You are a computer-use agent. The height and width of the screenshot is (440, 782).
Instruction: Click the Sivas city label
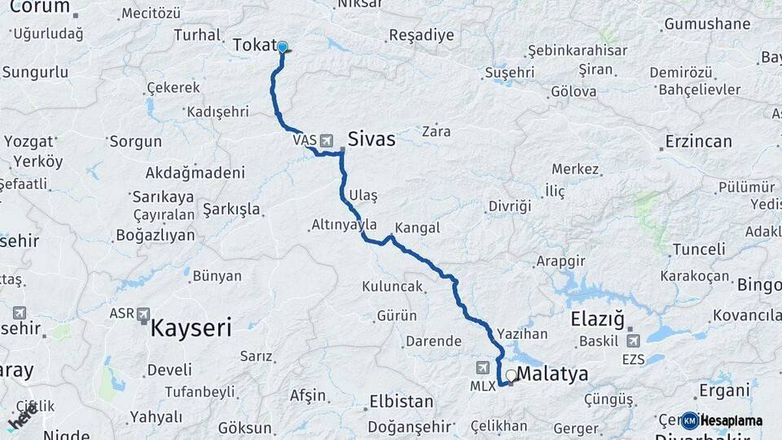[371, 139]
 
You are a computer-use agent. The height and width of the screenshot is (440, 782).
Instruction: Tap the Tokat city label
[255, 46]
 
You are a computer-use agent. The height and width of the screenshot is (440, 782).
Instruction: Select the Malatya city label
[553, 375]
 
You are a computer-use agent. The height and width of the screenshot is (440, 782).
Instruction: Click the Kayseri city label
[191, 328]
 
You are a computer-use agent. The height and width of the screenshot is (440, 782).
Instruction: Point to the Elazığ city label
[597, 319]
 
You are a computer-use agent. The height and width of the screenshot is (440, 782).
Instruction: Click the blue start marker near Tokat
[282, 47]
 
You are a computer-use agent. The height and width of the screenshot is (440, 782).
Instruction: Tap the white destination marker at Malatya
[511, 376]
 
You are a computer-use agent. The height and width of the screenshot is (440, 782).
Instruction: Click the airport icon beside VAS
[327, 140]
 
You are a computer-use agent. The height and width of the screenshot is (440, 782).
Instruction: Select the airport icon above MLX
[484, 367]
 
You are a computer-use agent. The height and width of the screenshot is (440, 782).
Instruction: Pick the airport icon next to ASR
[143, 314]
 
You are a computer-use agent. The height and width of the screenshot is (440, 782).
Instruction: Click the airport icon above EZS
[633, 340]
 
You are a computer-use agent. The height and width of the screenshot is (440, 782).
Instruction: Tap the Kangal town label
[417, 228]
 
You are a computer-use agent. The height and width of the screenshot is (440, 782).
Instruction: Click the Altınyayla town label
[344, 224]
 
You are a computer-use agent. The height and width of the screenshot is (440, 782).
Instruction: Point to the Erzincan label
[698, 141]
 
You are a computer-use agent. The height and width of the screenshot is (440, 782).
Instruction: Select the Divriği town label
[509, 206]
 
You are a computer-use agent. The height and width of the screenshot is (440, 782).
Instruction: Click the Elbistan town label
[401, 402]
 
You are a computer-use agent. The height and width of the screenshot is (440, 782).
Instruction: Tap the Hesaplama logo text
[731, 420]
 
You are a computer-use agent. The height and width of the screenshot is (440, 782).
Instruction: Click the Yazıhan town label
[522, 333]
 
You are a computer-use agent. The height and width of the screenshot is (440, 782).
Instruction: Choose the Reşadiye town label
[420, 35]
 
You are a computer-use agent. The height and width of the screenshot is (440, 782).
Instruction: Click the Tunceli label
[697, 249]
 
